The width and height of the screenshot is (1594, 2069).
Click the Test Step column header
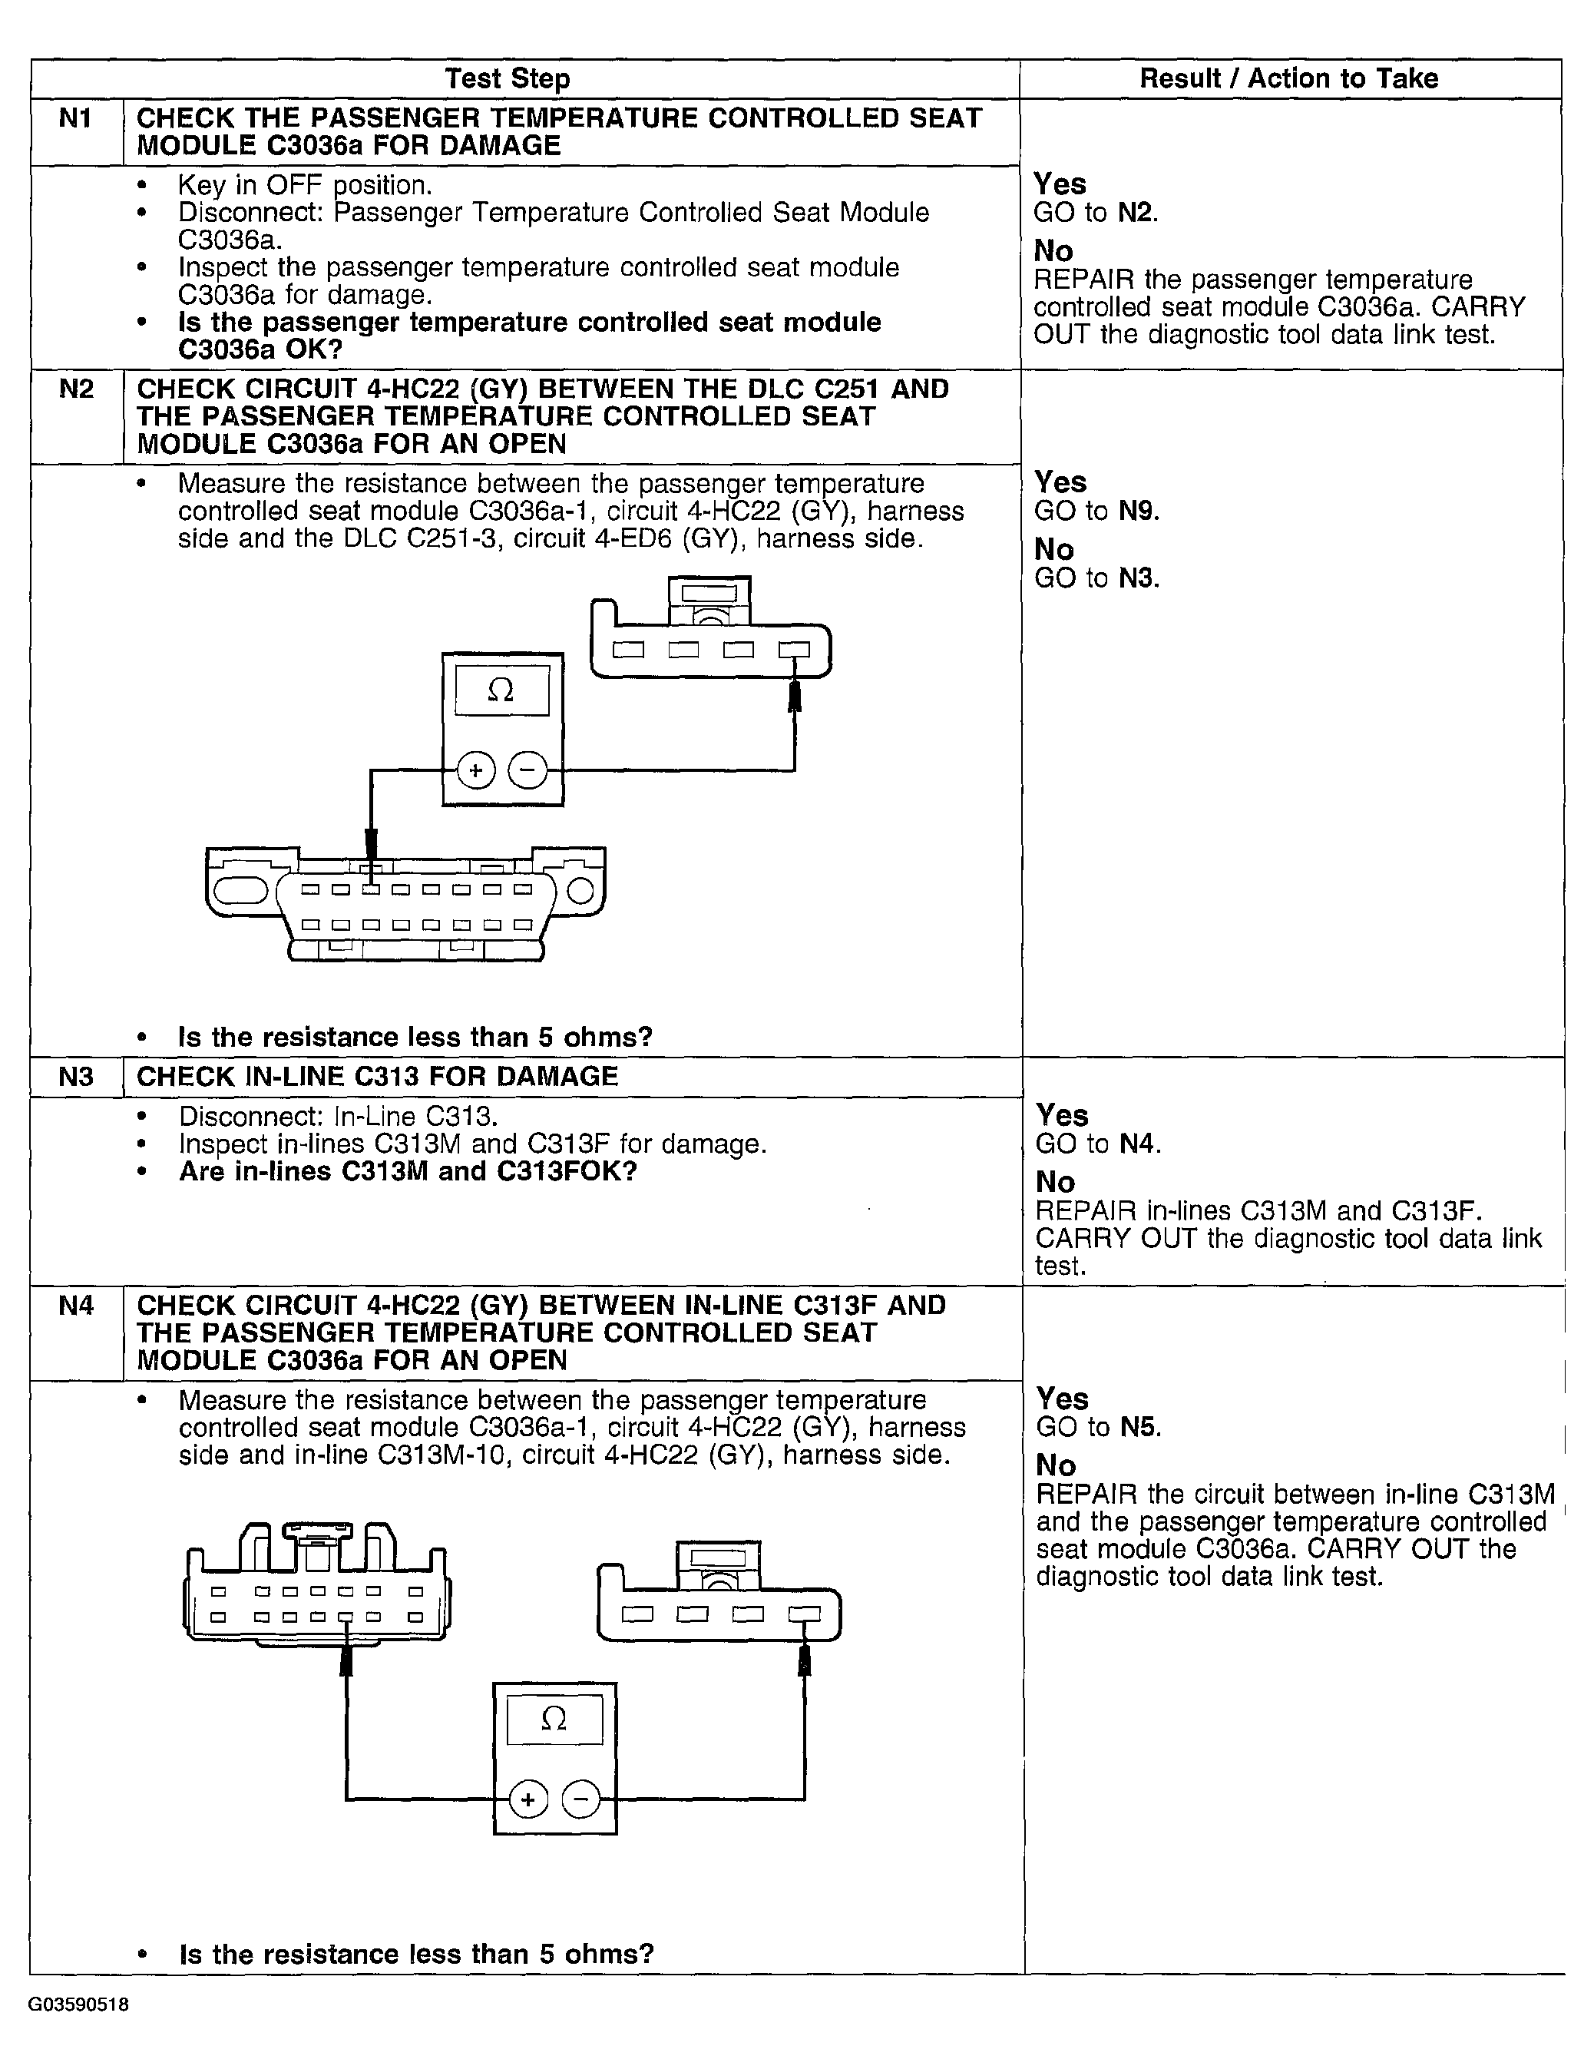point(507,78)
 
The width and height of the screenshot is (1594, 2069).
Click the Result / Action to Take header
point(1288,78)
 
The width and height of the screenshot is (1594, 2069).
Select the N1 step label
point(76,118)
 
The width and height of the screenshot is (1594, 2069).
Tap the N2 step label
point(76,389)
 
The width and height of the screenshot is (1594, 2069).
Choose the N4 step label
point(76,1306)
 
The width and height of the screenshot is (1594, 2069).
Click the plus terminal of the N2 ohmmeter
point(475,770)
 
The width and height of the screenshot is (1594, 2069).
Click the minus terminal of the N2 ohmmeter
point(527,770)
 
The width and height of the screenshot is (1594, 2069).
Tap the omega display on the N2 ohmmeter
point(501,690)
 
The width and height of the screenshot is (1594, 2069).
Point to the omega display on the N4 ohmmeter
point(554,1719)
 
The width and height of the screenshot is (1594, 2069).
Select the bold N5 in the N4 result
point(1140,1428)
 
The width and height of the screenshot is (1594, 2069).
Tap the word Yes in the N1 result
point(1060,184)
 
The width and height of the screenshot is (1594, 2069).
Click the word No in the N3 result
point(1055,1182)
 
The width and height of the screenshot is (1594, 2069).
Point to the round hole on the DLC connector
point(580,891)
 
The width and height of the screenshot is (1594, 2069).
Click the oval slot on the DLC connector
point(243,891)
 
